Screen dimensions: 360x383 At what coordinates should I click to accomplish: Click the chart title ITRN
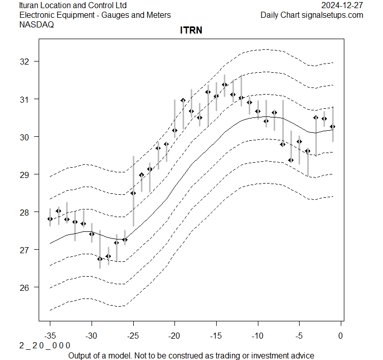[x=191, y=31]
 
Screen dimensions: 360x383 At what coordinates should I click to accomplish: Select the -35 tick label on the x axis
[x=50, y=336]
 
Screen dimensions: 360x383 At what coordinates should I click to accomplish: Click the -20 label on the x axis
[x=174, y=336]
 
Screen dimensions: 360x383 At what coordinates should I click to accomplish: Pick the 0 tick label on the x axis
[x=340, y=336]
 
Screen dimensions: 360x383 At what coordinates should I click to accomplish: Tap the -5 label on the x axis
[x=299, y=336]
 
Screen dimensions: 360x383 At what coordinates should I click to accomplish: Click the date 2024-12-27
[x=343, y=6]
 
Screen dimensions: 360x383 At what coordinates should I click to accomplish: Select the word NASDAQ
[x=37, y=24]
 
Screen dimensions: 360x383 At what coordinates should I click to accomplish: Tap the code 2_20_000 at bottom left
[x=45, y=345]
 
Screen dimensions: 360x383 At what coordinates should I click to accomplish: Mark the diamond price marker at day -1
[x=333, y=126]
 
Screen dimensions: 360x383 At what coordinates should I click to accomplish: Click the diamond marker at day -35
[x=50, y=219]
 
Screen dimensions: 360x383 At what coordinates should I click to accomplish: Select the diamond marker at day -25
[x=133, y=193]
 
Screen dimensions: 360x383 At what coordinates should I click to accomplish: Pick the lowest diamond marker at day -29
[x=100, y=259]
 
